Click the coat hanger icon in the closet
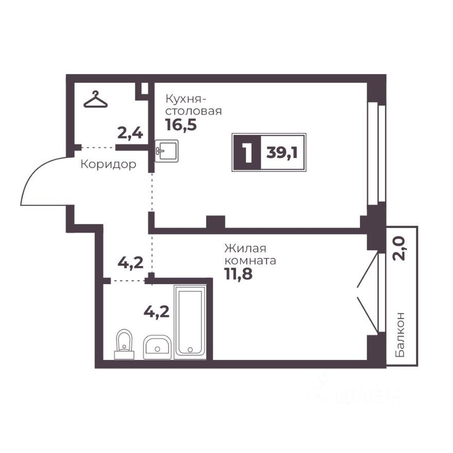(96, 100)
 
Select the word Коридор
(109, 165)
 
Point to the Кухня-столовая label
(193, 104)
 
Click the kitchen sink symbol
(167, 151)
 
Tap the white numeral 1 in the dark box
(247, 153)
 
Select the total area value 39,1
(283, 153)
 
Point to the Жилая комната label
(250, 254)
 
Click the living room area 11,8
(238, 273)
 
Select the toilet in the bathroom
(124, 344)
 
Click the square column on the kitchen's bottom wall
(216, 222)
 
